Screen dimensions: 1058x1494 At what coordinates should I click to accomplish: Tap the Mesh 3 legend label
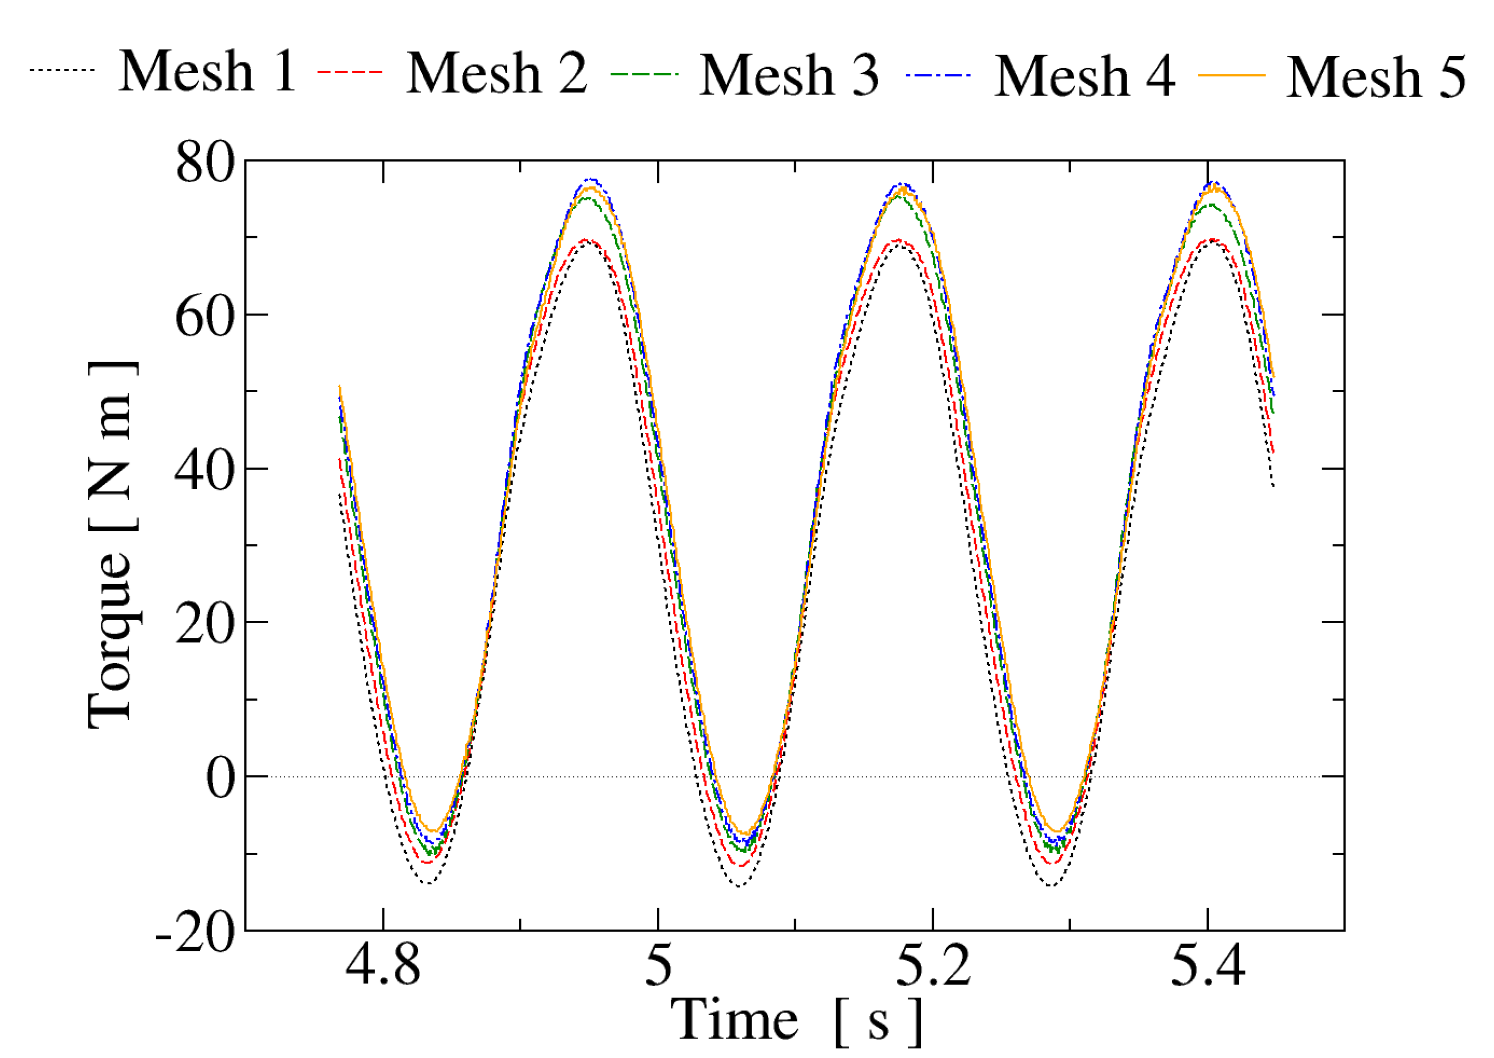pos(789,74)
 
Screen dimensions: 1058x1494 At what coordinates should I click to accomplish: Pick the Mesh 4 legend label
pos(1085,76)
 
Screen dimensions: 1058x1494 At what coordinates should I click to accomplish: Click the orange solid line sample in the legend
pos(1231,76)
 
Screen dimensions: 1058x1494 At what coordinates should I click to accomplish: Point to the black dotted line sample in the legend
pos(62,70)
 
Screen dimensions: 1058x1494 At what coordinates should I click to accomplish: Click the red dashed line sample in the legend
pos(350,72)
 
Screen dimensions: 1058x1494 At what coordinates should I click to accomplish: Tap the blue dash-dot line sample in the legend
pos(938,75)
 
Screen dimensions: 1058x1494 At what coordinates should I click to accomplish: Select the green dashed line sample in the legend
pos(644,74)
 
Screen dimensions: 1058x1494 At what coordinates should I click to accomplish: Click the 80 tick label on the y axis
pos(204,163)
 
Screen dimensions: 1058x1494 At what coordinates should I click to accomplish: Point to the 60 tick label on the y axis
pos(204,317)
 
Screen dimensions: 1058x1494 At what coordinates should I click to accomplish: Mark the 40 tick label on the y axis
pos(204,471)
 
